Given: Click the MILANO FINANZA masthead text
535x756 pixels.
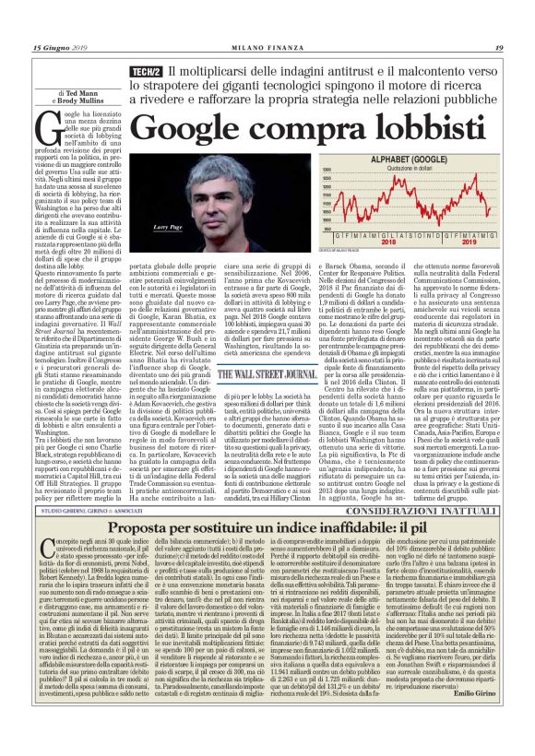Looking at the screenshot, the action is coord(267,48).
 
